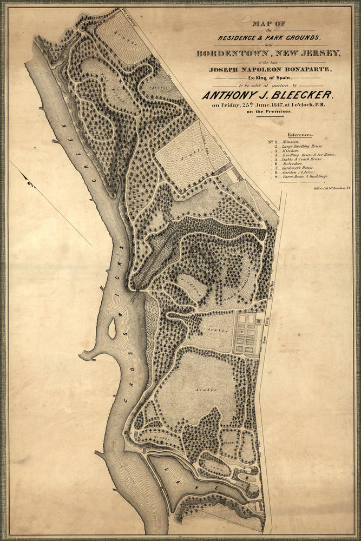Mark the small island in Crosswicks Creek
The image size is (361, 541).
(x=112, y=329)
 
